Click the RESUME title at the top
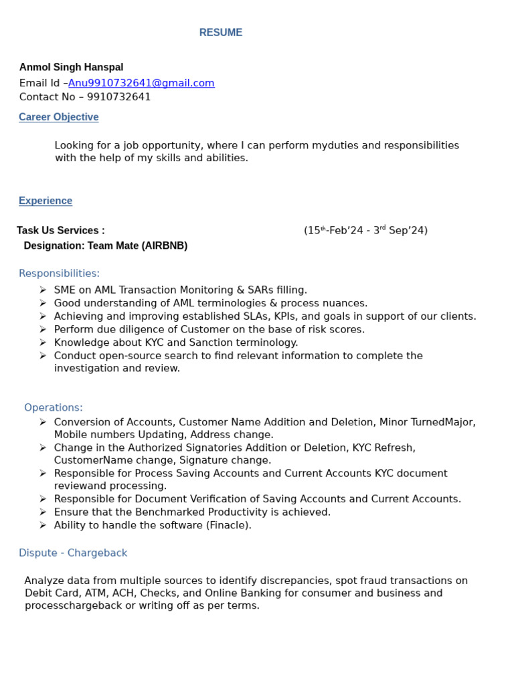coord(221,33)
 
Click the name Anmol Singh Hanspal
coord(71,67)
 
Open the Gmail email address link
coord(141,83)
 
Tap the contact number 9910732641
coord(118,96)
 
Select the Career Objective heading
coord(58,117)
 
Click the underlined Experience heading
coord(46,201)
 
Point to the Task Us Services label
coord(60,230)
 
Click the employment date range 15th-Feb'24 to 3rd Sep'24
coord(365,230)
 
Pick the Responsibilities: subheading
coord(59,273)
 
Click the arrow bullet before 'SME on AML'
coord(43,290)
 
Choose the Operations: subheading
coord(54,407)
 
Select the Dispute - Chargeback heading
coord(73,553)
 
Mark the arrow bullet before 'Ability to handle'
coord(43,525)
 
